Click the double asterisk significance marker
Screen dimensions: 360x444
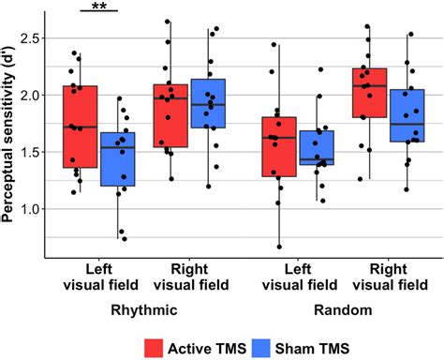pyautogui.click(x=97, y=7)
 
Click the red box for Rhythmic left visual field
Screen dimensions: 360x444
pyautogui.click(x=80, y=127)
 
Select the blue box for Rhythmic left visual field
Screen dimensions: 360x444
pyautogui.click(x=119, y=158)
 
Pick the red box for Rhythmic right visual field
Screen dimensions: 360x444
pyautogui.click(x=169, y=115)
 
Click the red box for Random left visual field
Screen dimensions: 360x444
pyautogui.click(x=279, y=146)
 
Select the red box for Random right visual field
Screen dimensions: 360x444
pyautogui.click(x=369, y=92)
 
